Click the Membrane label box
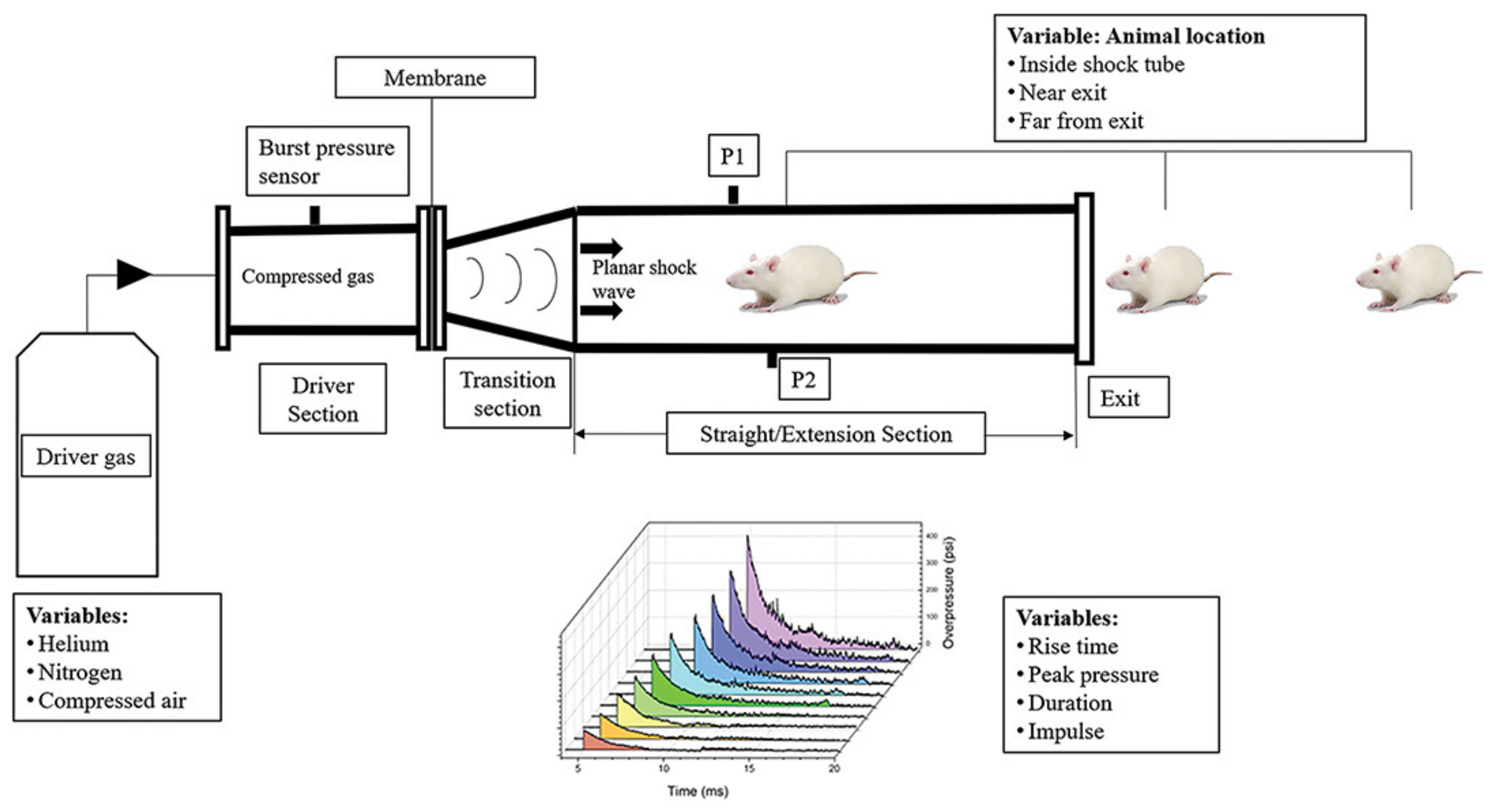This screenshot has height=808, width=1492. pos(435,78)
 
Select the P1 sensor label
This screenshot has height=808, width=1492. pos(733,156)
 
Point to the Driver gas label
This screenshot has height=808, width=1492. pos(86,457)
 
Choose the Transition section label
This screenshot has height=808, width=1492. pos(507,394)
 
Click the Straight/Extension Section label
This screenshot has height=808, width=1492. pos(825,434)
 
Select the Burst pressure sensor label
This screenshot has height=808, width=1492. pos(327,162)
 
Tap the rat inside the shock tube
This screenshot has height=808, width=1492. pos(799,278)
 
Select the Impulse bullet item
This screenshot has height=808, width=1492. pos(1066,731)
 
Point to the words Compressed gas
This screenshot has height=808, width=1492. pos(308,276)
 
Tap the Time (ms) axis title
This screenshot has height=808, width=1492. pos(697,791)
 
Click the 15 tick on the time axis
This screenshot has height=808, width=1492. pos(749,768)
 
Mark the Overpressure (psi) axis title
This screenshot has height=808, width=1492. pos(948,592)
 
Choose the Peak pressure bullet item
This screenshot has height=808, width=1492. pos(1093,674)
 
